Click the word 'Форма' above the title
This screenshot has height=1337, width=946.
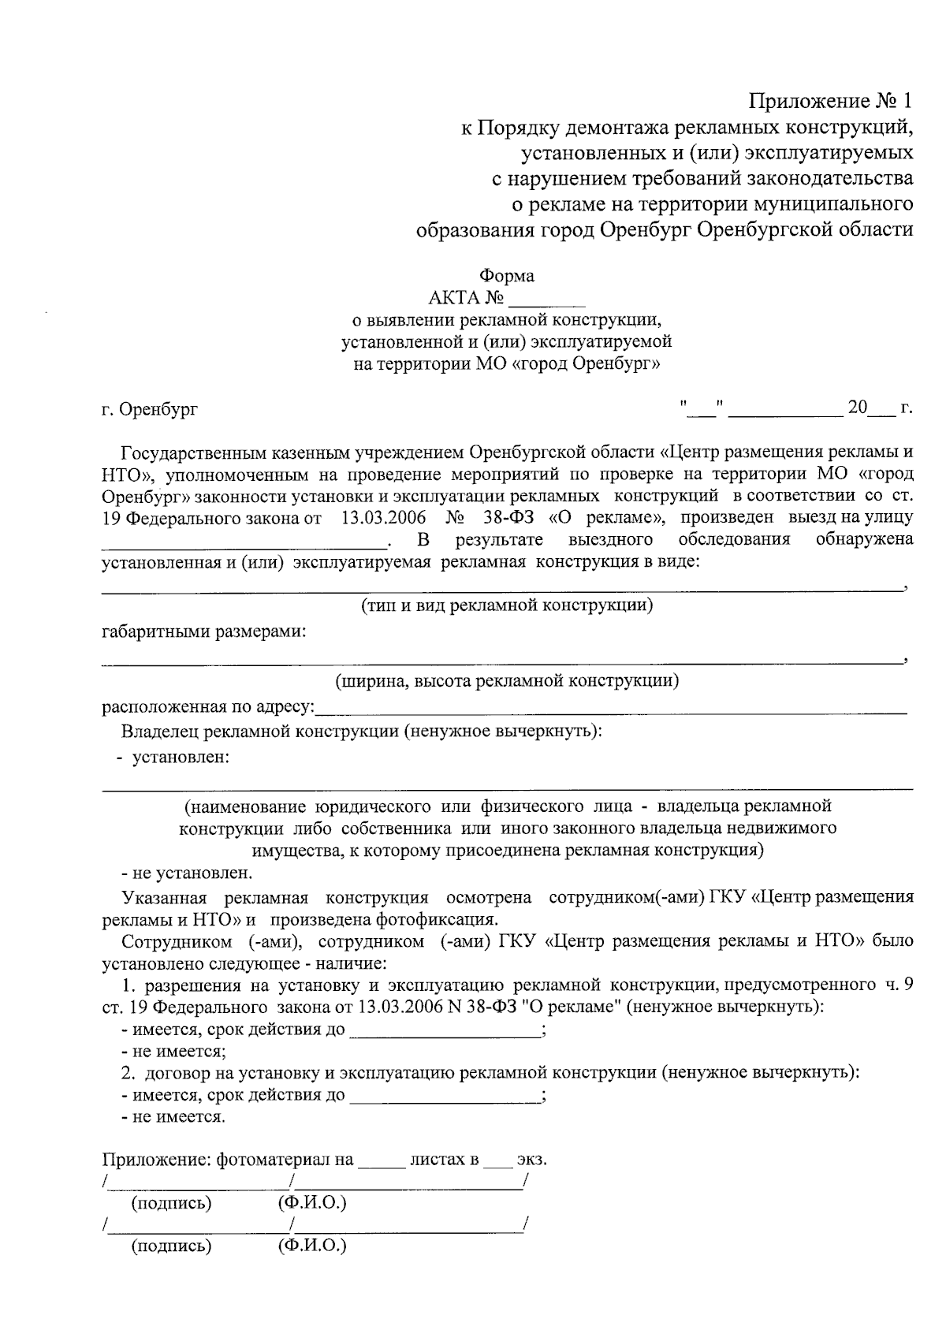(507, 276)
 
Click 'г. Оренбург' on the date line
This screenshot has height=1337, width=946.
(150, 409)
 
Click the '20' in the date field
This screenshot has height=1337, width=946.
(857, 408)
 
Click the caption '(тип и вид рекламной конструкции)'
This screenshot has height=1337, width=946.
(507, 605)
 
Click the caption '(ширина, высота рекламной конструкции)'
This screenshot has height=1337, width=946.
(507, 680)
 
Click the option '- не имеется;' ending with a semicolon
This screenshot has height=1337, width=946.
(173, 1052)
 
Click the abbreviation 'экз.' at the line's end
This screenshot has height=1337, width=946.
(531, 1160)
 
